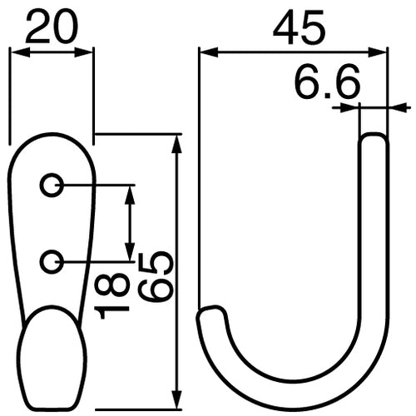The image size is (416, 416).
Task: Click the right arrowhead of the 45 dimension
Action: coord(382,52)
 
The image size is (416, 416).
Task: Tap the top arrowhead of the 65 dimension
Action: coord(176,141)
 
